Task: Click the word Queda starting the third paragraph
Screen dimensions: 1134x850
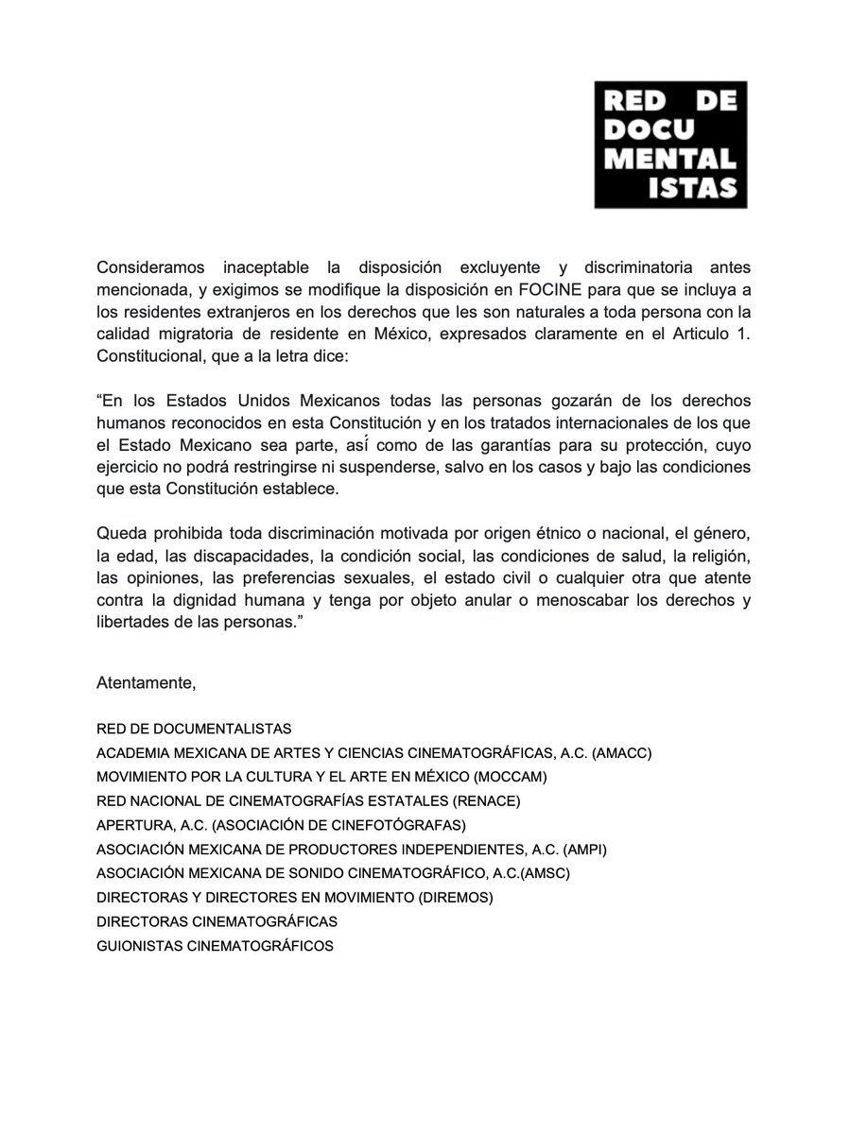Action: (x=122, y=532)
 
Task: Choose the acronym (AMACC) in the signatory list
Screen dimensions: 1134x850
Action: (x=620, y=752)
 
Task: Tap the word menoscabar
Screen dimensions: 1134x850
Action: (x=608, y=600)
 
